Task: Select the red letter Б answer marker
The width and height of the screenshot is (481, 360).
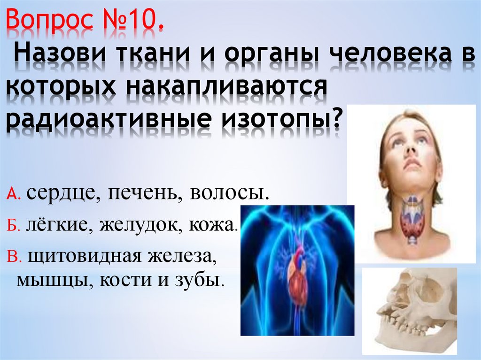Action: click(x=13, y=226)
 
